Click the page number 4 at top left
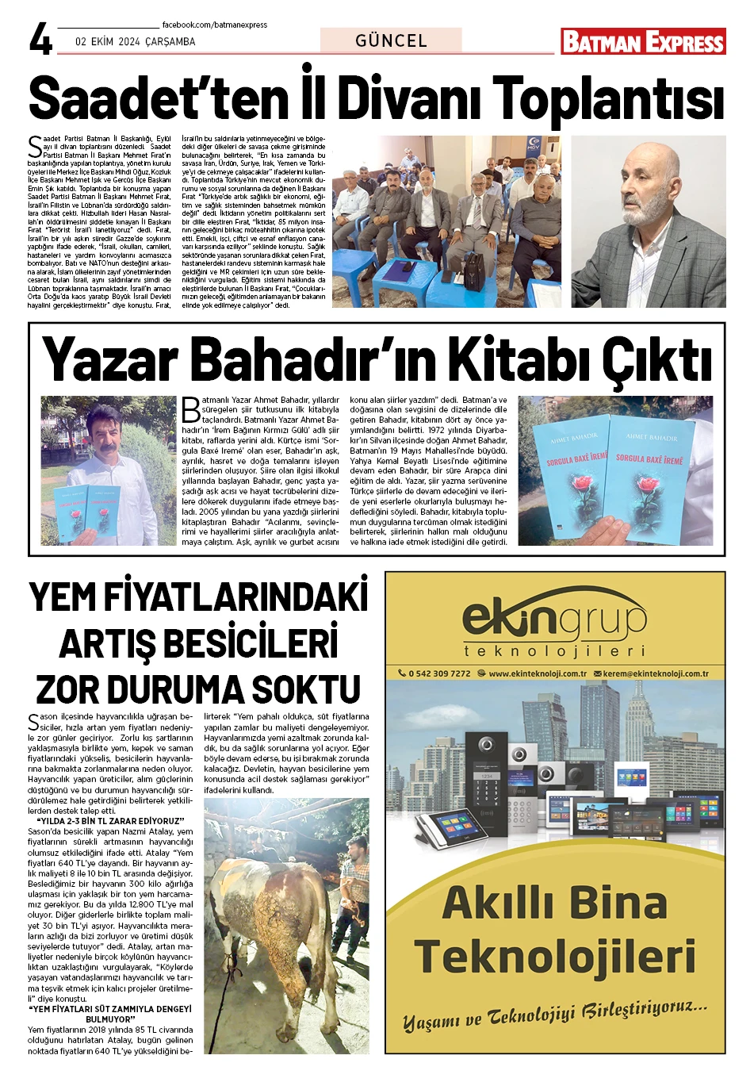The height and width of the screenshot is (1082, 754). pyautogui.click(x=40, y=39)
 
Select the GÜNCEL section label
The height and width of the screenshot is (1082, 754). pyautogui.click(x=391, y=40)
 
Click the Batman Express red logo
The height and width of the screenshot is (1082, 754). pyautogui.click(x=643, y=41)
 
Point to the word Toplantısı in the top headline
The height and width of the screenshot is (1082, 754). pyautogui.click(x=609, y=101)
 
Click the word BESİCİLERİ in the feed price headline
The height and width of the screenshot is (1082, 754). pyautogui.click(x=198, y=643)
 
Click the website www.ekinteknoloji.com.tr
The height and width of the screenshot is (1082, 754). pyautogui.click(x=537, y=673)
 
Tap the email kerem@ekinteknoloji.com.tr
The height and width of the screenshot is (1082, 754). pyautogui.click(x=655, y=673)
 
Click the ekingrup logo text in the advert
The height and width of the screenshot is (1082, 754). pyautogui.click(x=554, y=619)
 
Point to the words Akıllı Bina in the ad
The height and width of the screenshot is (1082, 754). pyautogui.click(x=554, y=903)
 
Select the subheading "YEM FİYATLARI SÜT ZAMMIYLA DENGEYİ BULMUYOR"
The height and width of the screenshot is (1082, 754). pyautogui.click(x=110, y=1014)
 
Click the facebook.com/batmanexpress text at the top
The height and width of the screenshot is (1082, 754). pyautogui.click(x=214, y=25)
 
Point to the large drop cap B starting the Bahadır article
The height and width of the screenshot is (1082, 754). pyautogui.click(x=190, y=409)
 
